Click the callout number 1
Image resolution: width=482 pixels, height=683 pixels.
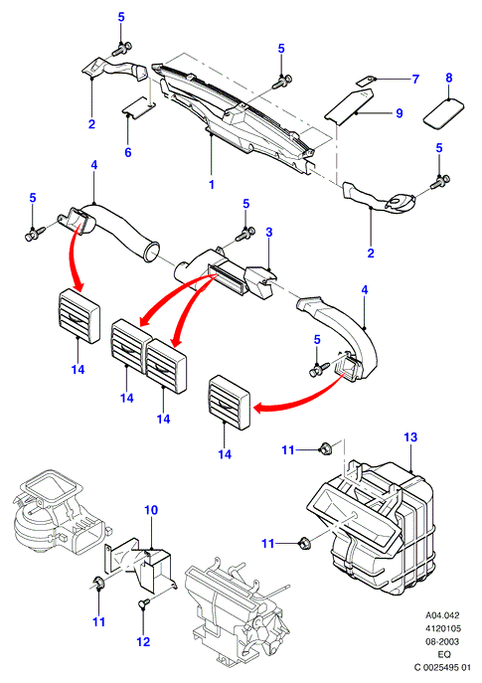point(212,184)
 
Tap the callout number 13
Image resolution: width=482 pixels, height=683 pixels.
point(410,436)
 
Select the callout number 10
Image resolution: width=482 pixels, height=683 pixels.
point(151,510)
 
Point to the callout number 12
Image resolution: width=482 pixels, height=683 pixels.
point(143,641)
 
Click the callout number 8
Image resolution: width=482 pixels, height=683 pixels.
point(449,78)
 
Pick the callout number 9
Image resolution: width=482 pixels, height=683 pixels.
point(400,113)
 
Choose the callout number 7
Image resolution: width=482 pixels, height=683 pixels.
point(415,79)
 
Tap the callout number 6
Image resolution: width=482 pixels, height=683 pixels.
point(128,152)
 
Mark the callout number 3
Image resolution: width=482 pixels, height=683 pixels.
point(269,233)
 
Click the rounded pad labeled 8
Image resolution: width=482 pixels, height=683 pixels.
point(443,113)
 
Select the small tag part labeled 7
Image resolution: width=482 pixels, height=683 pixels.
point(366,81)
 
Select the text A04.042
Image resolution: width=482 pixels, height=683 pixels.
point(442,615)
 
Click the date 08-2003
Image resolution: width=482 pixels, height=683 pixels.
point(442,641)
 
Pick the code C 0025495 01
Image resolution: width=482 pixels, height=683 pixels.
point(442,667)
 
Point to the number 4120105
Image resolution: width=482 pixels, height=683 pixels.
point(442,628)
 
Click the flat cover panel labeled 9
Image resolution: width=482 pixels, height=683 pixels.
point(350,105)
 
